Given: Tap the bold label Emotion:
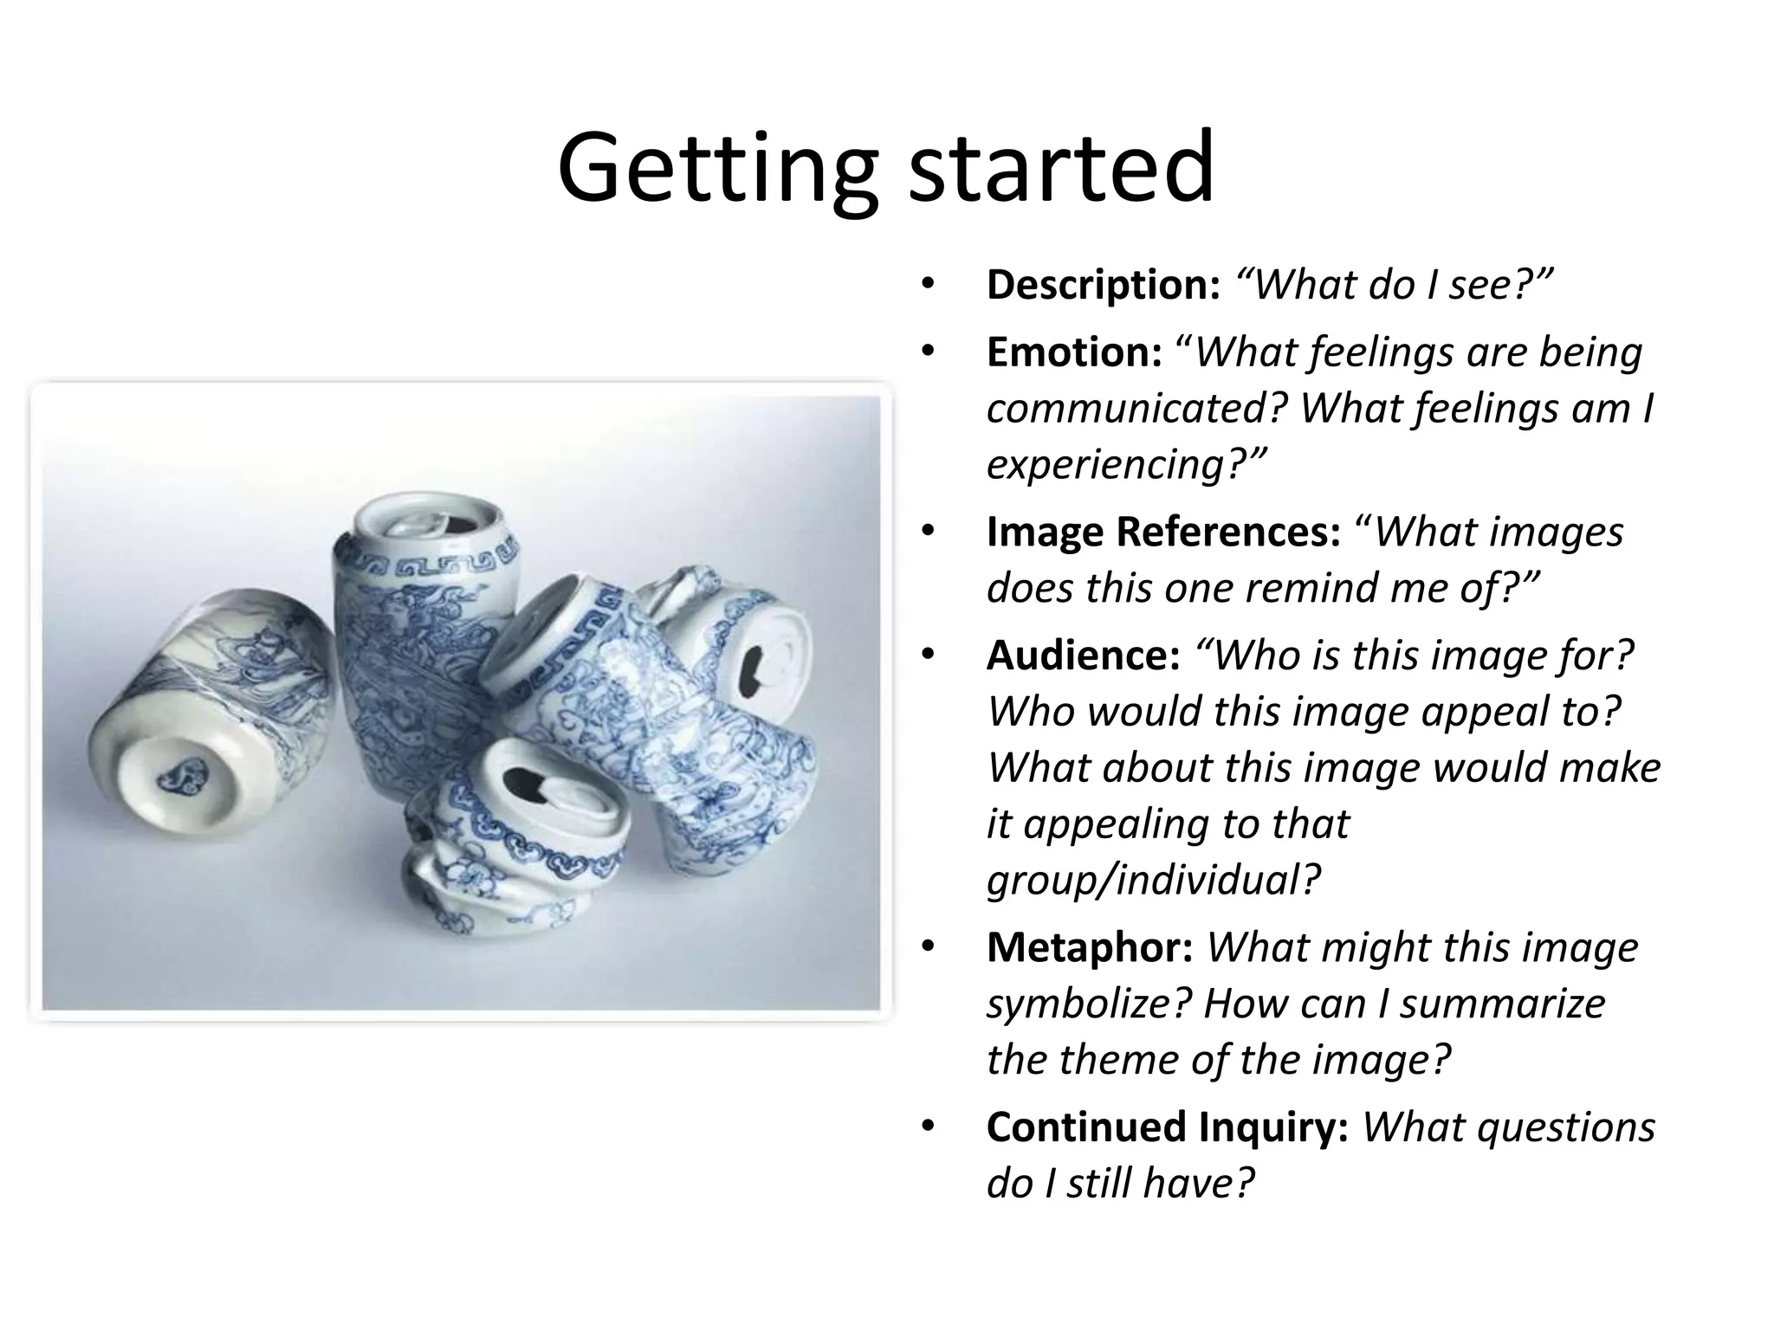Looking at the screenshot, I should click(x=1074, y=352).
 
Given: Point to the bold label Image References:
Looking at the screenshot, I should click(x=1163, y=533).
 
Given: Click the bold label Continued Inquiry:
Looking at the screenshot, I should click(x=1167, y=1127).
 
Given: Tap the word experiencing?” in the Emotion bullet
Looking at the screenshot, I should click(x=1126, y=465).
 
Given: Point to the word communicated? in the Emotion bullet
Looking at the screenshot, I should click(x=1136, y=409).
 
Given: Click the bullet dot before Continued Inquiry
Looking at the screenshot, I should click(x=929, y=1127).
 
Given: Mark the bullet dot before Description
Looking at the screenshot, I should click(x=929, y=285).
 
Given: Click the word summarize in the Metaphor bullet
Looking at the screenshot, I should click(x=1503, y=1004).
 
